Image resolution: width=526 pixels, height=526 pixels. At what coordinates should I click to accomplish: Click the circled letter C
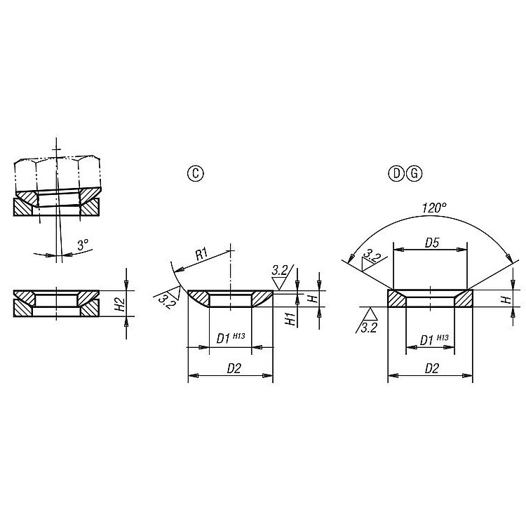195,173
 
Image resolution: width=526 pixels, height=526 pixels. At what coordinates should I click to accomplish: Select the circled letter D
396,173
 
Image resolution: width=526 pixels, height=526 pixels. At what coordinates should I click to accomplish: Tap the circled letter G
414,173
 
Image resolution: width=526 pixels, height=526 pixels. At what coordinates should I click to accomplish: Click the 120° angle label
434,208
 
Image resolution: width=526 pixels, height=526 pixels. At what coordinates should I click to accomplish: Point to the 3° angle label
83,245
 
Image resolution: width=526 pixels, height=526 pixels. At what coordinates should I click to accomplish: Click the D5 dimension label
432,243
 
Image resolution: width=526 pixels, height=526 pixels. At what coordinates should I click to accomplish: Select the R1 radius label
202,255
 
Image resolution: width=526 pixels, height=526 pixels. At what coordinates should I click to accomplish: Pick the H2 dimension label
121,304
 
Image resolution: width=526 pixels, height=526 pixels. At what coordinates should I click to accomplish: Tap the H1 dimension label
291,318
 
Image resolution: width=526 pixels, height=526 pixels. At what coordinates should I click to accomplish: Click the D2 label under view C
234,368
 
